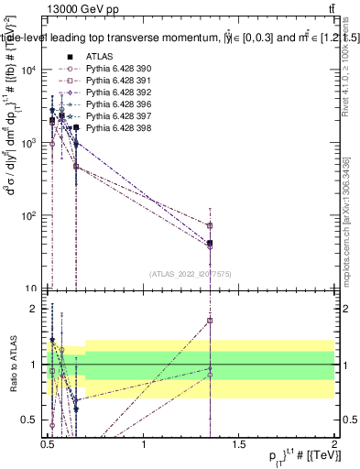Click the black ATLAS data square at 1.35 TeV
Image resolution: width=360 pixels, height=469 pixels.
pos(211,243)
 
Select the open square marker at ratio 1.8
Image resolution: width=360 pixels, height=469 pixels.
pos(211,321)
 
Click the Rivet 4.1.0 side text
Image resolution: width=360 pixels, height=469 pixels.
pos(348,82)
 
